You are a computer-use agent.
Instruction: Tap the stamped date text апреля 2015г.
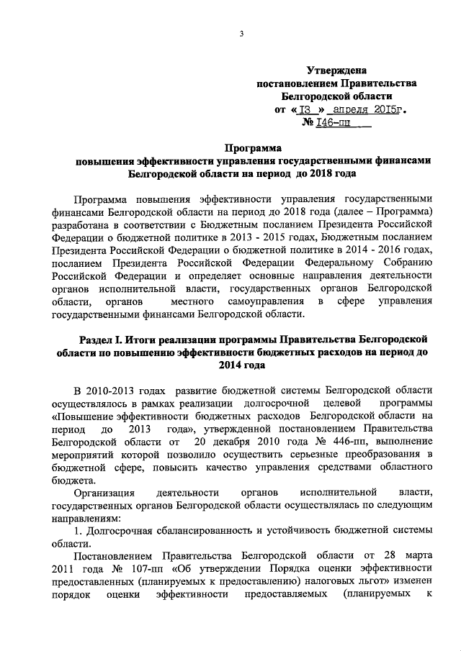click(367, 110)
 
